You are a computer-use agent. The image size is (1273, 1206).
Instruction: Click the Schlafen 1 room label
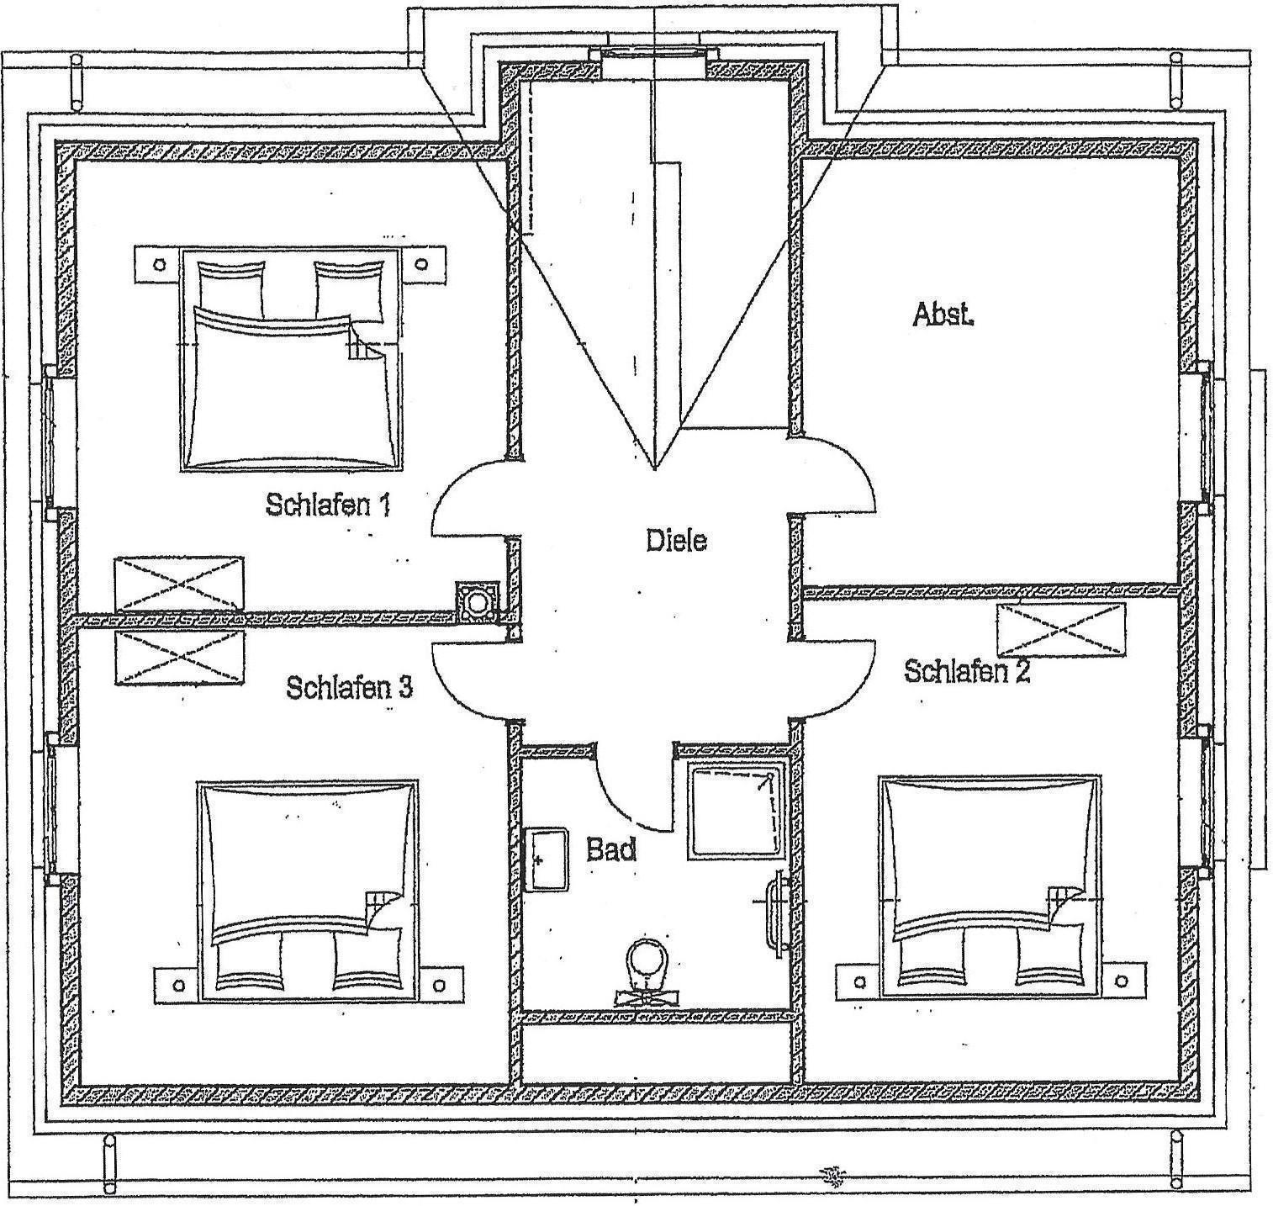click(x=328, y=505)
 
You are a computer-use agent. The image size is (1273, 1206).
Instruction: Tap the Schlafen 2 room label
click(x=967, y=671)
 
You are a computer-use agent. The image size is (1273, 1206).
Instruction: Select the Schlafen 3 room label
click(x=349, y=687)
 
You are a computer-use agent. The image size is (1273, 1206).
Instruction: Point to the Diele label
click(x=676, y=540)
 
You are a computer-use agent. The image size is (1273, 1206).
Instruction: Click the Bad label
click(x=611, y=849)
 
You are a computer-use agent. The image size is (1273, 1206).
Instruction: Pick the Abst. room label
click(x=943, y=315)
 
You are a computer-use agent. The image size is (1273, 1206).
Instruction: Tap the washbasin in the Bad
click(x=547, y=860)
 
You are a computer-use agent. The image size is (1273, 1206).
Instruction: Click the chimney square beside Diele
click(x=478, y=603)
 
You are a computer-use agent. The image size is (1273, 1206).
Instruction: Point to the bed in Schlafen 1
click(x=288, y=359)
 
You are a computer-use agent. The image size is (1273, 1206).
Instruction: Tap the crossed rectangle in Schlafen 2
click(x=1060, y=630)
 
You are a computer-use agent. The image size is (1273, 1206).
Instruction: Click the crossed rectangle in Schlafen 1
click(x=179, y=583)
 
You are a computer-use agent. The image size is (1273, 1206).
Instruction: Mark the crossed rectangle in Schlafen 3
click(x=180, y=658)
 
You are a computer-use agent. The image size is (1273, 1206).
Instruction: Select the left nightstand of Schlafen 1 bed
click(x=157, y=263)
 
